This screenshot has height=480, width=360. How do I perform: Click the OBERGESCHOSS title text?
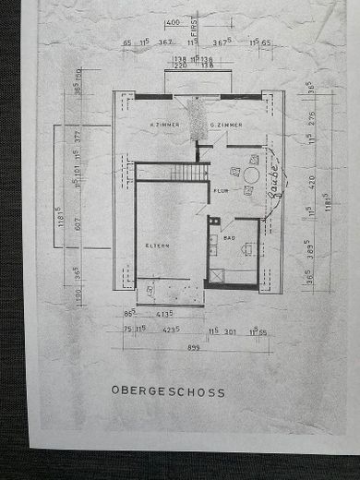[167, 391]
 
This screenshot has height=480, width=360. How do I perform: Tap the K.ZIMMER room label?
[163, 124]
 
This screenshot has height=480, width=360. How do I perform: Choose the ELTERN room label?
[155, 245]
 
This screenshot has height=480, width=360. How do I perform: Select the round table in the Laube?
[251, 174]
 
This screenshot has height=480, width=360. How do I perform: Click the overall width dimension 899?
[193, 347]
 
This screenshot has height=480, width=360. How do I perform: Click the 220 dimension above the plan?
[180, 66]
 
